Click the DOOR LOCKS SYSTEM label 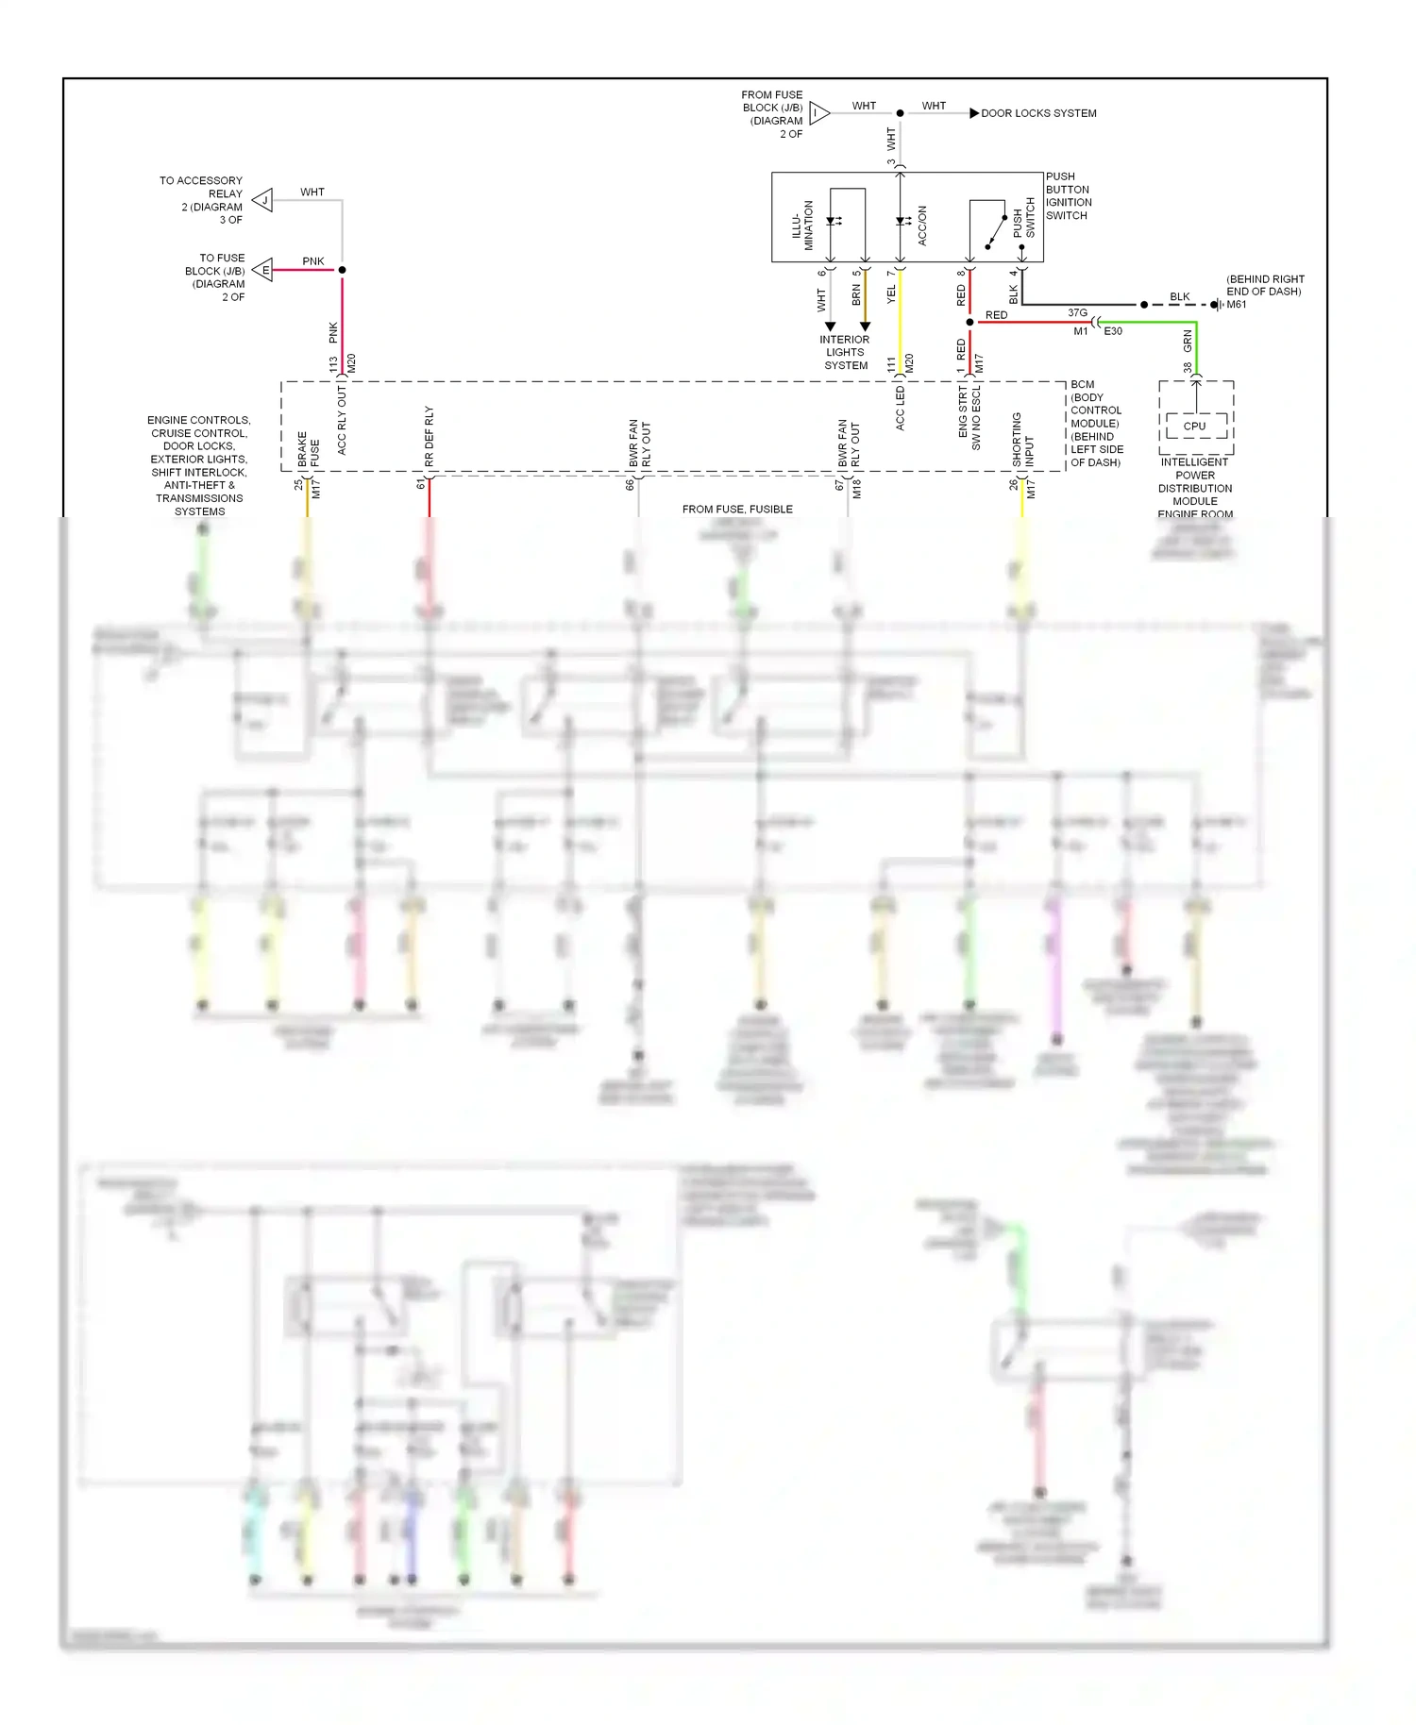click(x=1038, y=113)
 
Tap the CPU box click(x=1195, y=426)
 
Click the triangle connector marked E click(x=263, y=270)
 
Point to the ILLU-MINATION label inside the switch click(x=802, y=226)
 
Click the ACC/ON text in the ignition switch click(x=922, y=226)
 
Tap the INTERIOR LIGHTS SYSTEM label click(x=845, y=352)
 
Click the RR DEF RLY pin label click(x=429, y=436)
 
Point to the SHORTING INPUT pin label click(x=1023, y=440)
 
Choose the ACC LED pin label click(x=900, y=409)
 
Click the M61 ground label click(x=1237, y=305)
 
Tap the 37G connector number click(x=1077, y=312)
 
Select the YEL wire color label click(x=891, y=294)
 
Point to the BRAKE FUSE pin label click(x=309, y=449)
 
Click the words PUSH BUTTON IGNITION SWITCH click(x=1068, y=196)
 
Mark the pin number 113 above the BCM click(x=333, y=364)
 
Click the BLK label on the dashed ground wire click(x=1179, y=296)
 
